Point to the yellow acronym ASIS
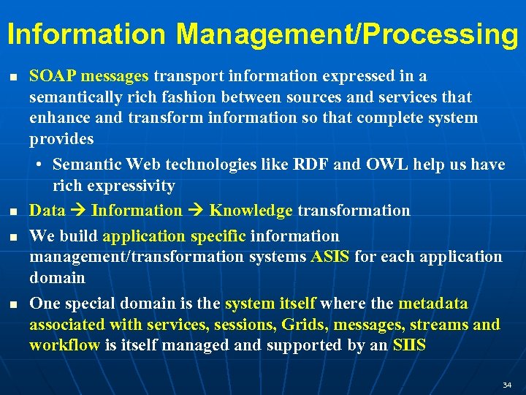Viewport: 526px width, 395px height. pos(330,257)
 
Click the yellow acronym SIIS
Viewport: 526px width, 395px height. pos(409,345)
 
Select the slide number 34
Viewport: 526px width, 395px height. pos(507,385)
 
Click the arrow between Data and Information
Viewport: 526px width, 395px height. pos(78,211)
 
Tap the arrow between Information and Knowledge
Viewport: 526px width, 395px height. pos(196,211)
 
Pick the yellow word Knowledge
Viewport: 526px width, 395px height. pos(251,211)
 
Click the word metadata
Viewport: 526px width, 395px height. pos(433,304)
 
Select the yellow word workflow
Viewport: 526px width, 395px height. pos(64,345)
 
